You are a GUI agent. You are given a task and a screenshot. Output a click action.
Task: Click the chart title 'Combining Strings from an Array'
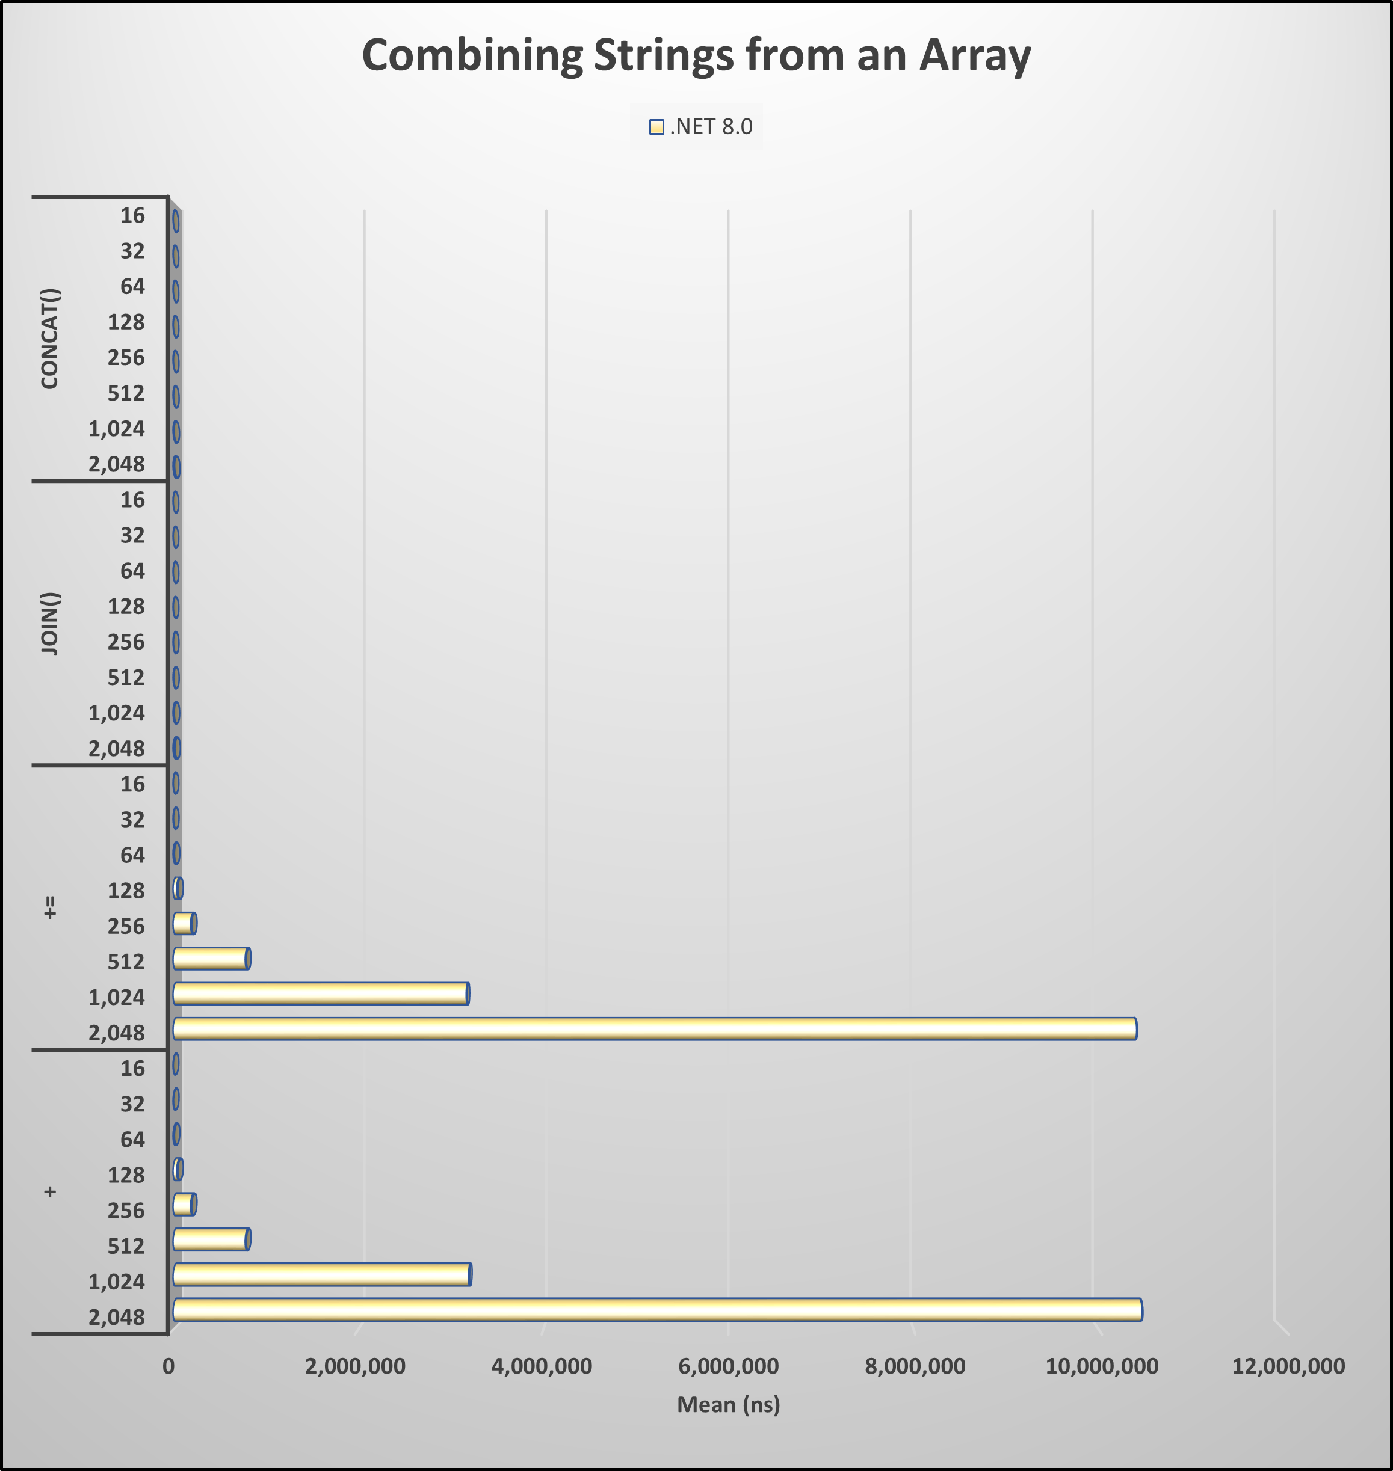pos(696,56)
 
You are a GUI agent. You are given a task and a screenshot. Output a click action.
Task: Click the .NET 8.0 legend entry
pos(700,127)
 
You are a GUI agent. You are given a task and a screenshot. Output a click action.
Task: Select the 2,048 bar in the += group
pos(653,1028)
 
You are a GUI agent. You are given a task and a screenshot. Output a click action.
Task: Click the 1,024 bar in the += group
pos(320,993)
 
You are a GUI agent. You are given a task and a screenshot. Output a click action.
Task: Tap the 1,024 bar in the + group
pos(321,1274)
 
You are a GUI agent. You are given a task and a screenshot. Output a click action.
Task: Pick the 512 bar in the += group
pos(211,958)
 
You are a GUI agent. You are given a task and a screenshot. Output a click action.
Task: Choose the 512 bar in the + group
pos(211,1239)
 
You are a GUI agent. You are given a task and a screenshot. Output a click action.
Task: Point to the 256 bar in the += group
pos(184,923)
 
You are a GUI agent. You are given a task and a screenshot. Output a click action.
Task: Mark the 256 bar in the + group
pos(184,1205)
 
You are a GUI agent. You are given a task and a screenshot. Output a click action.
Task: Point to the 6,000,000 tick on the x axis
pos(729,1366)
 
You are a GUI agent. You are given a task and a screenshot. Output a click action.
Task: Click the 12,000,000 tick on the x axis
pos(1288,1366)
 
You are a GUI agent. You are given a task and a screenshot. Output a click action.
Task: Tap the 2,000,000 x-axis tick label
pos(355,1366)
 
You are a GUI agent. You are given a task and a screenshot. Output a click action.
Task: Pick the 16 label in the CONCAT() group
pos(133,215)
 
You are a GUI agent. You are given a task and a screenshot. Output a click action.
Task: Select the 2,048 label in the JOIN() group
pos(117,748)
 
